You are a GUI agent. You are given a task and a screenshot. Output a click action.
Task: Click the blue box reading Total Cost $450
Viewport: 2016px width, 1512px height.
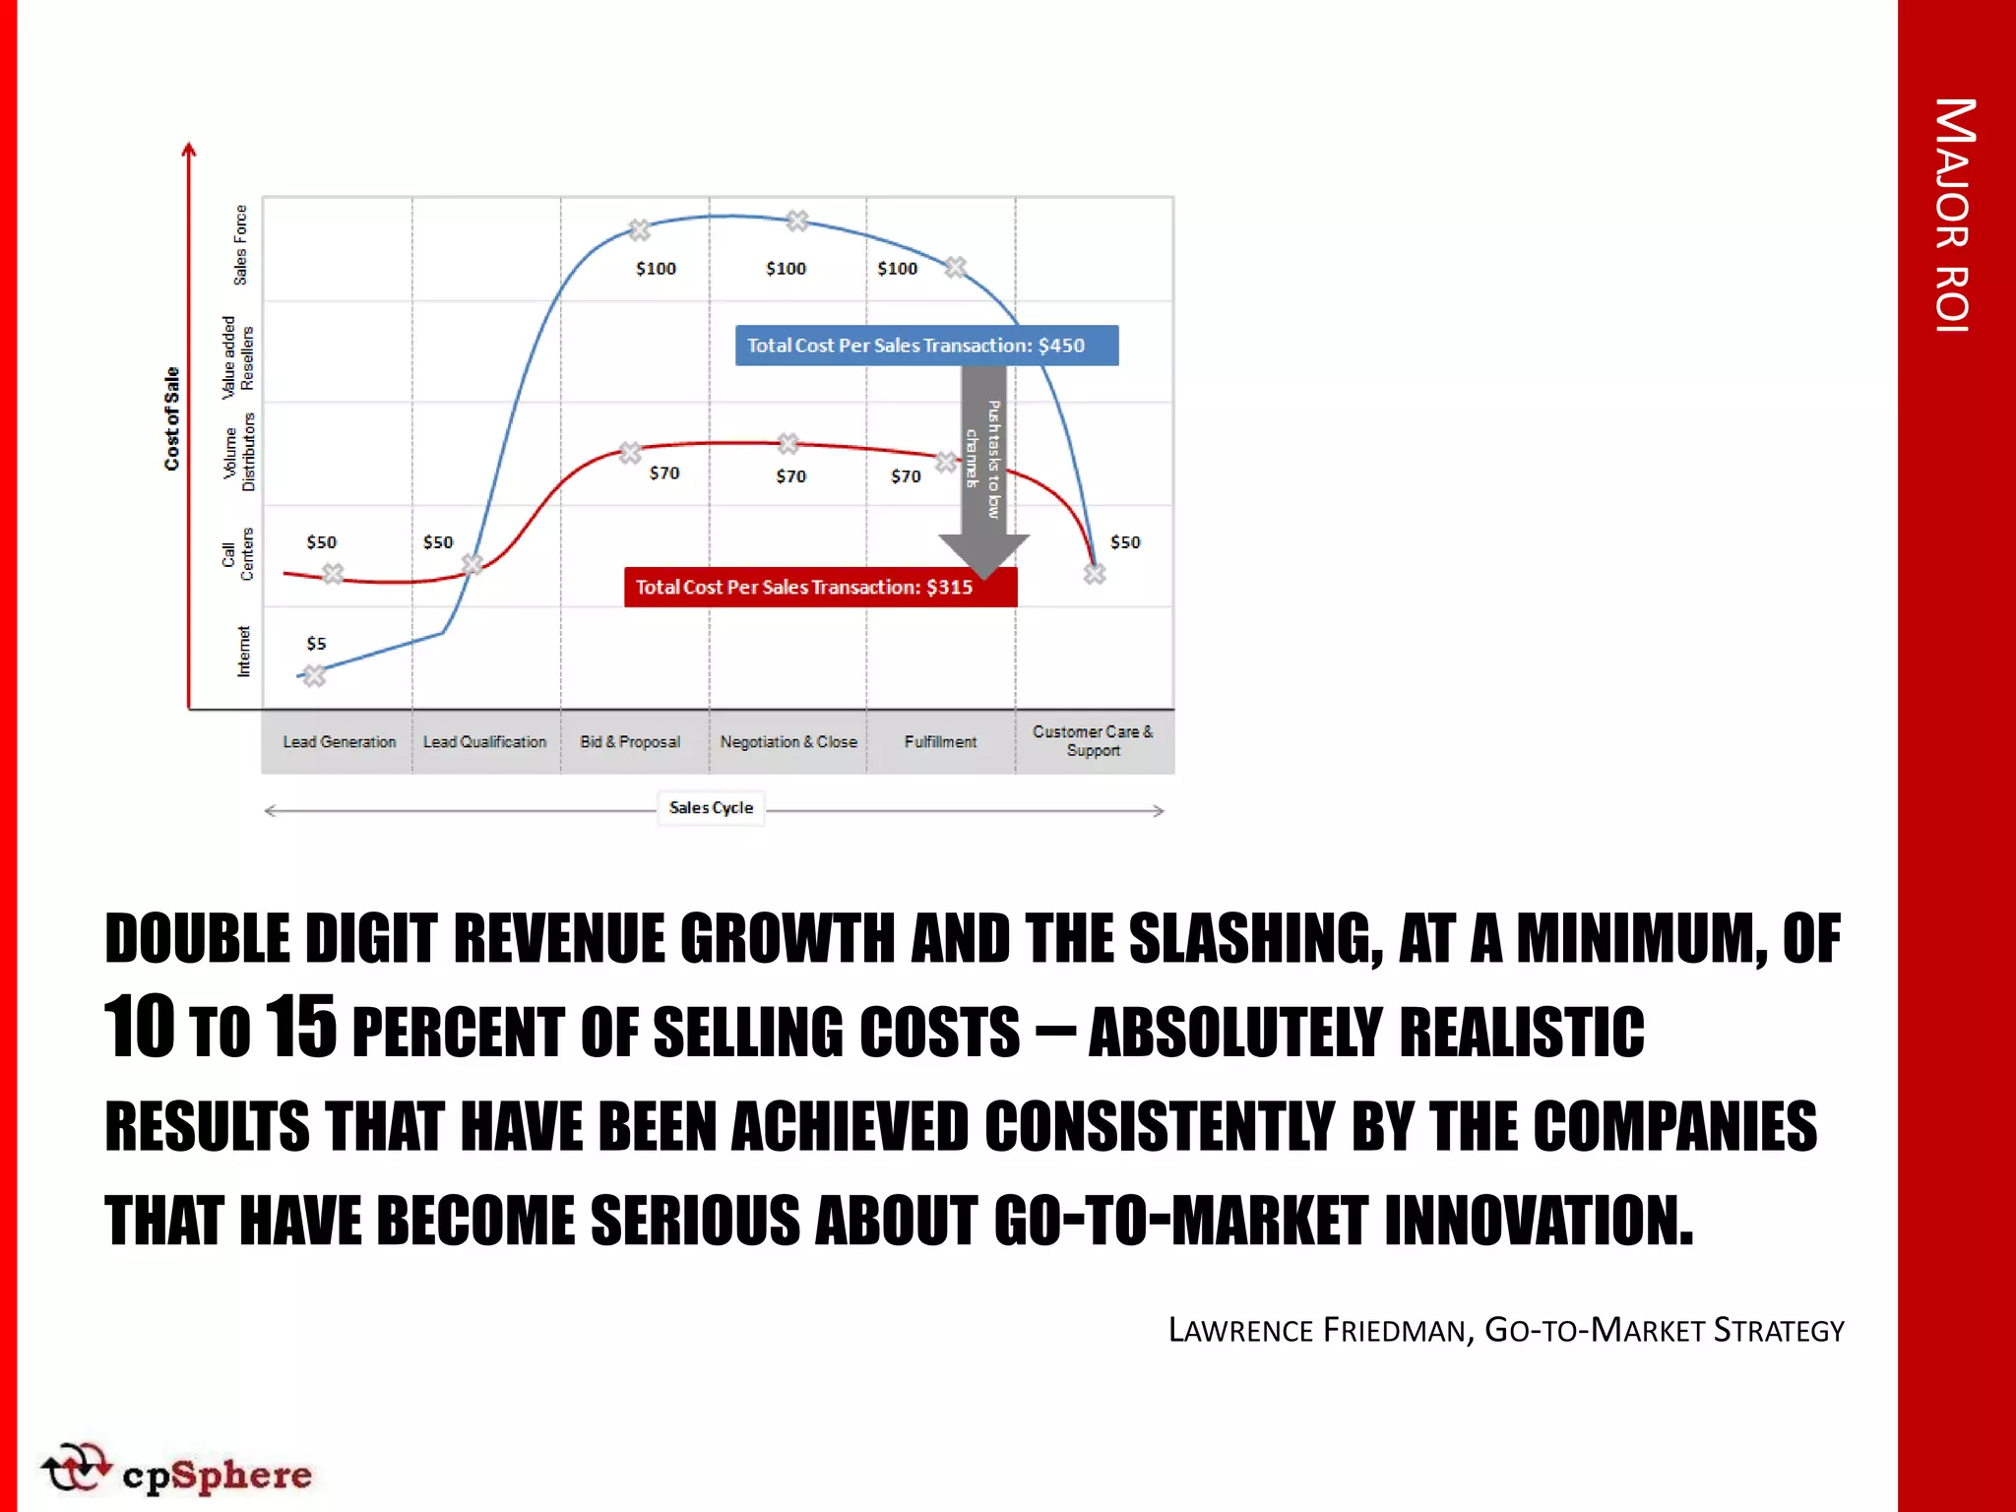pyautogui.click(x=926, y=346)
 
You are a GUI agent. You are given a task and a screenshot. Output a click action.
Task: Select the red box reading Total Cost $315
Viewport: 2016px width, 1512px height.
pyautogui.click(x=819, y=588)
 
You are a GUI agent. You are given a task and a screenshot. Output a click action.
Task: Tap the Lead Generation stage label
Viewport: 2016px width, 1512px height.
pyautogui.click(x=340, y=742)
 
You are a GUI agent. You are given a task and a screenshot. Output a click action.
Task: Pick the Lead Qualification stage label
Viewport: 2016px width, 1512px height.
pyautogui.click(x=484, y=742)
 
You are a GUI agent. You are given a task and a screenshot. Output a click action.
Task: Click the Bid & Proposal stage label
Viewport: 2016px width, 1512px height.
pyautogui.click(x=630, y=742)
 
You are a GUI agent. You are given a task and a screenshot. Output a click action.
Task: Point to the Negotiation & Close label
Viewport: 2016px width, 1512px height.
pyautogui.click(x=788, y=742)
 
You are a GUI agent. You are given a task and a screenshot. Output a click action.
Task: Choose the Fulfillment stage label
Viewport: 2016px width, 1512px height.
pyautogui.click(x=940, y=742)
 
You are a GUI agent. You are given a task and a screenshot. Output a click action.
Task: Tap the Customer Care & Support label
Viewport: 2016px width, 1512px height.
pyautogui.click(x=1093, y=741)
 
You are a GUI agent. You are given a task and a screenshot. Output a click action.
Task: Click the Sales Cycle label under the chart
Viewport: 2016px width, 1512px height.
pyautogui.click(x=711, y=808)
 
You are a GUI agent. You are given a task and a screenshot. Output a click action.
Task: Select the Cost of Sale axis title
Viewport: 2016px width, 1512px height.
pyautogui.click(x=172, y=418)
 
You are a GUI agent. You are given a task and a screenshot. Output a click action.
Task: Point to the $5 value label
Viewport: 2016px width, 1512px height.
pyautogui.click(x=316, y=644)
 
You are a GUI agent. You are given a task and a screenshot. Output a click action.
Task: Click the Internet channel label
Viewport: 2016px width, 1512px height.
pyautogui.click(x=243, y=652)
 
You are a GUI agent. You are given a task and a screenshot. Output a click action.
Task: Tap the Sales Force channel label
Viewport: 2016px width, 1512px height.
pyautogui.click(x=240, y=246)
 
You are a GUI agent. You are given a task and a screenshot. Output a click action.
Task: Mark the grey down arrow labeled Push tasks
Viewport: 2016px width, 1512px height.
pyautogui.click(x=983, y=463)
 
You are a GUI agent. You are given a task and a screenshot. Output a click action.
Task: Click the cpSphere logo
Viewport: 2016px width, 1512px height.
pyautogui.click(x=177, y=1472)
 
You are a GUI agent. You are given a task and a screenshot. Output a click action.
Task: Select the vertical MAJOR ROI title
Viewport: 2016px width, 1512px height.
pyautogui.click(x=1954, y=217)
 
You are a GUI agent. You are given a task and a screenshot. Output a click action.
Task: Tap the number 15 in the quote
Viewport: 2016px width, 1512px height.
pyautogui.click(x=301, y=1028)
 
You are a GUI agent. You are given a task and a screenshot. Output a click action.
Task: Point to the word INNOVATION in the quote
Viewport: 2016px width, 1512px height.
pyautogui.click(x=1540, y=1221)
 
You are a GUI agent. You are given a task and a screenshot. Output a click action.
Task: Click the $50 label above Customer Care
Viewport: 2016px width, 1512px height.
pyautogui.click(x=1125, y=542)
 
